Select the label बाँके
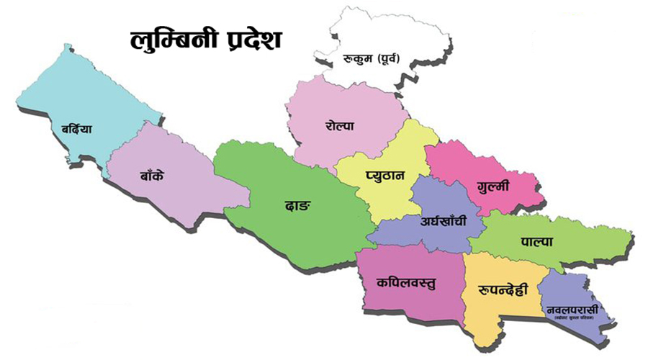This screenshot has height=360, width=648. (x=152, y=174)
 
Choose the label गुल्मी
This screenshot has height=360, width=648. (x=492, y=186)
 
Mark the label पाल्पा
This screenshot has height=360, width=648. (x=536, y=243)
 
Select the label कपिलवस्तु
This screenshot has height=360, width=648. (x=406, y=282)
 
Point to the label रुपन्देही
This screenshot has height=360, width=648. (x=503, y=290)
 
